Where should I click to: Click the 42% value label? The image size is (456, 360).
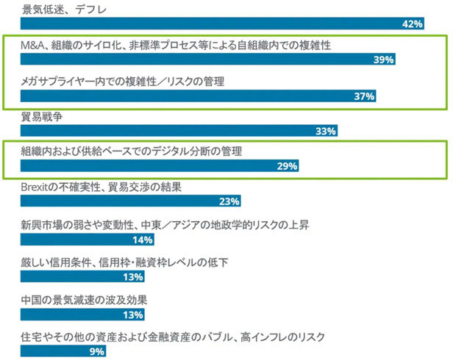point(413,24)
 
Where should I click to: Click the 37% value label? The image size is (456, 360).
point(365,96)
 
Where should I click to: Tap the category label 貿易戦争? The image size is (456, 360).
point(43,116)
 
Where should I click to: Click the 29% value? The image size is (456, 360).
point(288,167)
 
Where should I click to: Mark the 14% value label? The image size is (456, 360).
point(143,240)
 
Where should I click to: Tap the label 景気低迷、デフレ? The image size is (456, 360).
point(64,10)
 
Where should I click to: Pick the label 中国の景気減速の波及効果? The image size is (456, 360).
point(85,300)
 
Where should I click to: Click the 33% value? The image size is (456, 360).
point(325,131)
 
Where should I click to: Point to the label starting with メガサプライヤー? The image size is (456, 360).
point(123,82)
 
